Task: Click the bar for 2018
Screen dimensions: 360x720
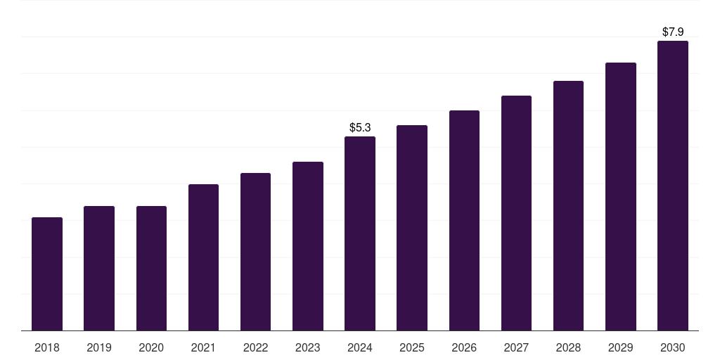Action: click(x=47, y=274)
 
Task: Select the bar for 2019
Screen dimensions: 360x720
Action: click(x=99, y=269)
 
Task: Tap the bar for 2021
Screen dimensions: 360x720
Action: click(x=203, y=257)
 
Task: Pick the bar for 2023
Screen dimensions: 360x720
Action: click(x=308, y=246)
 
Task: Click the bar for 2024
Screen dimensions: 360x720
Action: click(x=360, y=233)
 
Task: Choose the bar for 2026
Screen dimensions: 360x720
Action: click(x=464, y=221)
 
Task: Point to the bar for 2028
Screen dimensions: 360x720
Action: click(x=568, y=206)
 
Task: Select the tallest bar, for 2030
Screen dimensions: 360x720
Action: click(x=673, y=186)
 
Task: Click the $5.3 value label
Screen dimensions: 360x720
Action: click(x=360, y=127)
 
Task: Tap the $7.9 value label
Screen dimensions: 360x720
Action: click(x=673, y=32)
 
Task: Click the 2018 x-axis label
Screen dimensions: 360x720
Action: click(x=47, y=347)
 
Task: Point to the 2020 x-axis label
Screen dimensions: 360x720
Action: click(x=151, y=347)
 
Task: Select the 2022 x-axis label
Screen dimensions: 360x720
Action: click(x=255, y=347)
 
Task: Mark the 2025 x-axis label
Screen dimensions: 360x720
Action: click(x=412, y=347)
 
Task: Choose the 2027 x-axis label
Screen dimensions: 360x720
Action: click(x=516, y=347)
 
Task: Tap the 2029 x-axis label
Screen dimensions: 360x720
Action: click(x=620, y=347)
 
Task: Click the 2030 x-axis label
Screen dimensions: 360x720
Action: click(x=673, y=347)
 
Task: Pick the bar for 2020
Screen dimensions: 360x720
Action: click(x=151, y=269)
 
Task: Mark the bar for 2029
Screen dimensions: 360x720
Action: click(x=620, y=197)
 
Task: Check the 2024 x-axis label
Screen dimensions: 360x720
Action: click(x=360, y=347)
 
